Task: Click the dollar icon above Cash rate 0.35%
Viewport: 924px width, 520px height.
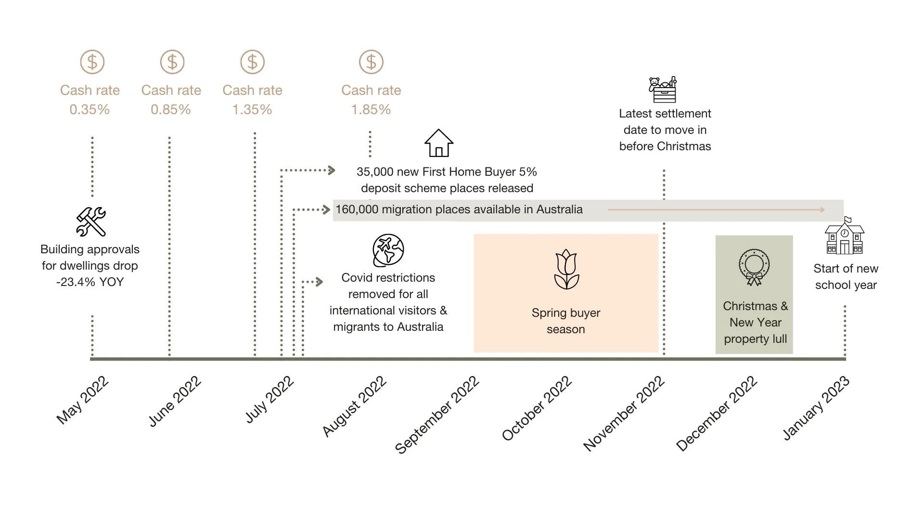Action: point(92,62)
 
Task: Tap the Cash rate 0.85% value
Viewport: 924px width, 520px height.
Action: point(171,110)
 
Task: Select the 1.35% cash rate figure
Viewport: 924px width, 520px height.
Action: point(252,110)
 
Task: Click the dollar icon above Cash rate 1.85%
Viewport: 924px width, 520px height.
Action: point(371,62)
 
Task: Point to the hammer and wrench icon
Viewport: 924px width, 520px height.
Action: point(91,221)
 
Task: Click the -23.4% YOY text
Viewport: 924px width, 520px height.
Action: point(90,282)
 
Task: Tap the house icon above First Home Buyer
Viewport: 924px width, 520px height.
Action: point(438,143)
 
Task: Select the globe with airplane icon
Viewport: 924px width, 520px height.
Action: point(388,250)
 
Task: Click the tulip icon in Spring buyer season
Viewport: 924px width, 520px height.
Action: point(566,269)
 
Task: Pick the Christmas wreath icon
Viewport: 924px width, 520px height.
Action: point(754,267)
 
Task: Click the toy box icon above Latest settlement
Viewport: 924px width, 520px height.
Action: point(663,90)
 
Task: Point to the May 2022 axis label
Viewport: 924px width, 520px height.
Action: point(83,401)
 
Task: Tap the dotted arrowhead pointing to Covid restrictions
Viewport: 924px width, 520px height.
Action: point(319,282)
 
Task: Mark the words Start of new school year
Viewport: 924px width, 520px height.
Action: point(846,277)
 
